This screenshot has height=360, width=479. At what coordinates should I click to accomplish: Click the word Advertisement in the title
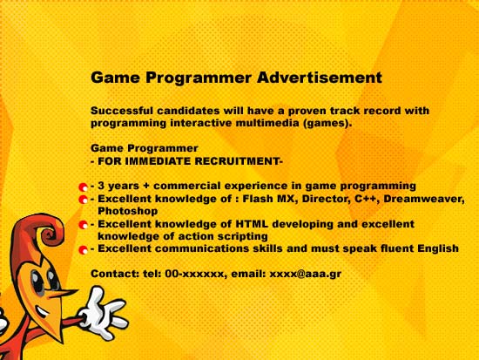pyautogui.click(x=320, y=77)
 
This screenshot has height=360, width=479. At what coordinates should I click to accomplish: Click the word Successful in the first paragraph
pyautogui.click(x=122, y=111)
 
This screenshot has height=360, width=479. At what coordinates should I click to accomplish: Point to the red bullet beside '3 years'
pyautogui.click(x=83, y=187)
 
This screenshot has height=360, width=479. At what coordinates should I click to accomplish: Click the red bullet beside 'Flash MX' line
pyautogui.click(x=83, y=200)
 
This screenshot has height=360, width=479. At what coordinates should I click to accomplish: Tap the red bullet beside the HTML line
pyautogui.click(x=83, y=225)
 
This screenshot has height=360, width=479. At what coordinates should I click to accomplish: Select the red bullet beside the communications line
pyautogui.click(x=83, y=250)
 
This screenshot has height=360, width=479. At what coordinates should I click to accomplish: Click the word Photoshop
pyautogui.click(x=128, y=211)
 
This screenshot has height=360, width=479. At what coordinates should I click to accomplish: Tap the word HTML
pyautogui.click(x=252, y=224)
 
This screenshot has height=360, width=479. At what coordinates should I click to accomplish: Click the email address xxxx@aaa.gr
pyautogui.click(x=305, y=274)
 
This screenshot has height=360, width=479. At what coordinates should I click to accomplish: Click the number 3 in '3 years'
pyautogui.click(x=101, y=186)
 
